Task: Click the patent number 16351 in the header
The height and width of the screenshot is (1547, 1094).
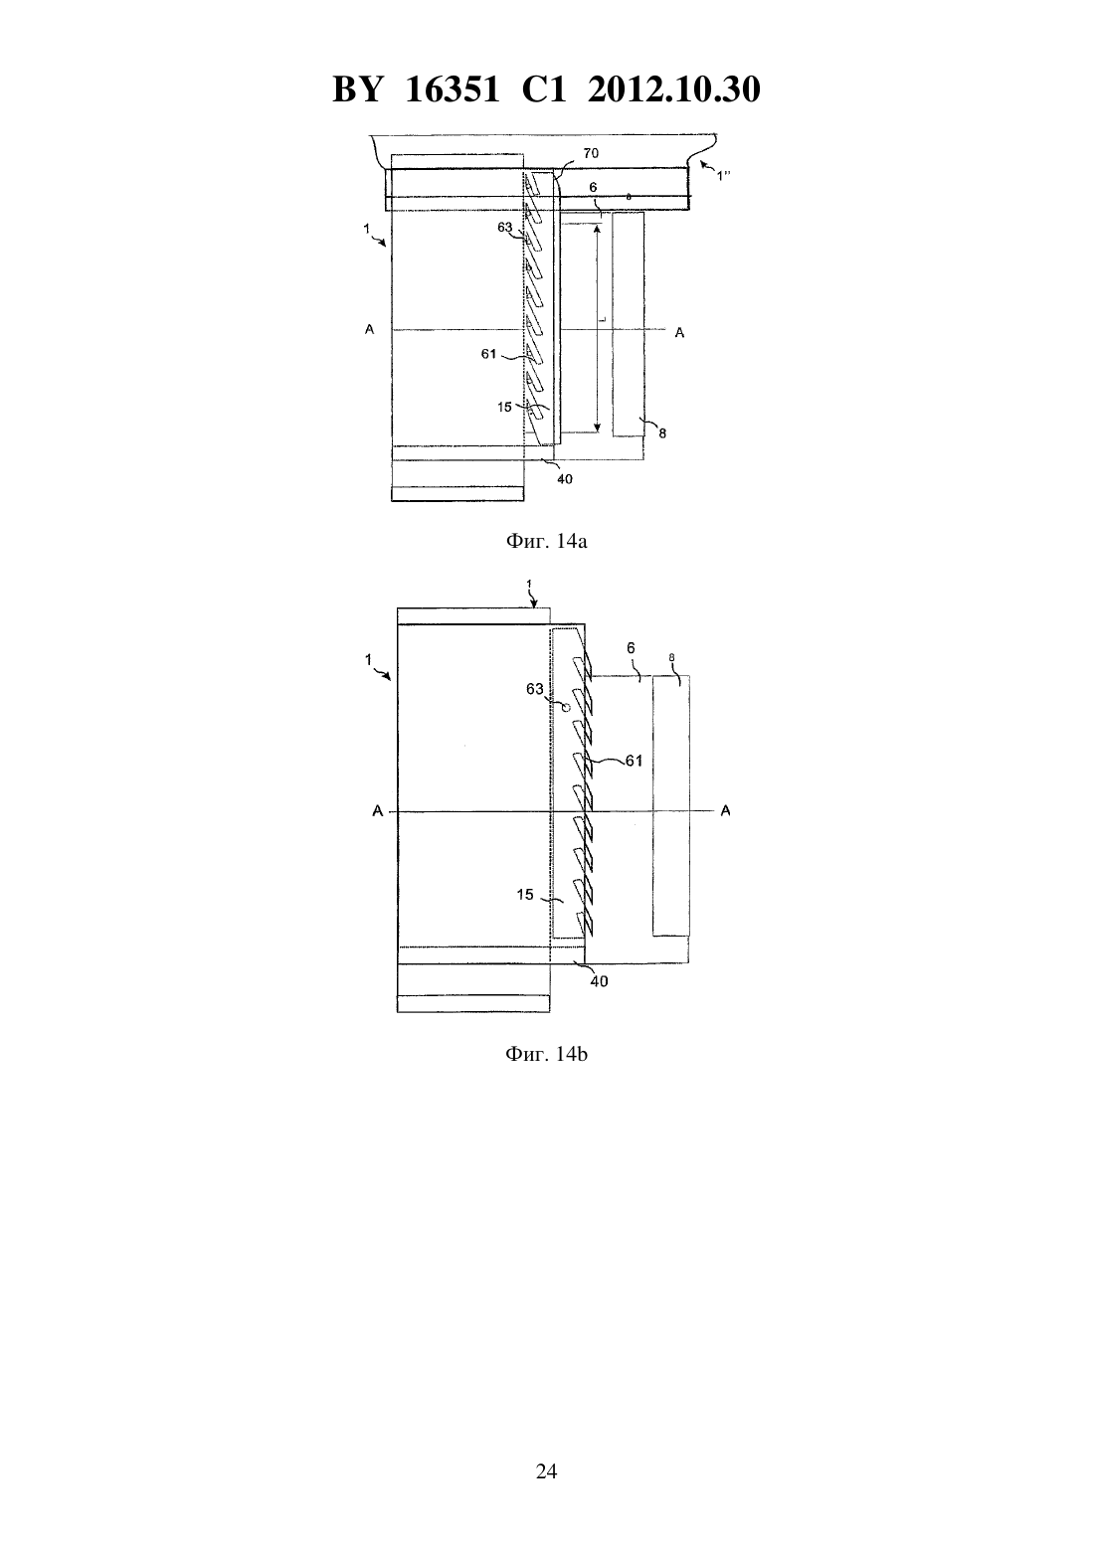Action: tap(452, 89)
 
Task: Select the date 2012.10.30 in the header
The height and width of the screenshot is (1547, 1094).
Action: tap(674, 89)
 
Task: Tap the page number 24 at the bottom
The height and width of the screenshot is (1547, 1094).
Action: tap(546, 1471)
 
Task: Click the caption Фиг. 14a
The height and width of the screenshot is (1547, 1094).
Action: tap(546, 541)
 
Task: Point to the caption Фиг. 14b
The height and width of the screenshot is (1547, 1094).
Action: tap(546, 1054)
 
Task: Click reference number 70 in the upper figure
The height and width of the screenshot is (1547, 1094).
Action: tap(591, 153)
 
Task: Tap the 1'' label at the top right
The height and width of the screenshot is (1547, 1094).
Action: tap(722, 176)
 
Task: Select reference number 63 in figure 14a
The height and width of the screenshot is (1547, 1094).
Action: tap(505, 228)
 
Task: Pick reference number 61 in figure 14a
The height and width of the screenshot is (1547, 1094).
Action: tap(488, 354)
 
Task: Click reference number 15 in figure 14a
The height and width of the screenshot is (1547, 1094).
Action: tap(504, 408)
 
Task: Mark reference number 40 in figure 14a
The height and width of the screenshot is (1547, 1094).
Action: tap(564, 479)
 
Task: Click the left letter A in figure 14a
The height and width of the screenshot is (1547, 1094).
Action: tap(370, 330)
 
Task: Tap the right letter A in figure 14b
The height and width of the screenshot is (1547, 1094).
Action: tap(725, 811)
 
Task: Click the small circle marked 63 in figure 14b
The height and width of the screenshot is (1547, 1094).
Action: tap(565, 707)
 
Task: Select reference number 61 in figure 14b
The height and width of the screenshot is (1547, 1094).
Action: tap(635, 761)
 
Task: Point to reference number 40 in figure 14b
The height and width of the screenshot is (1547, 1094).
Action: tap(599, 981)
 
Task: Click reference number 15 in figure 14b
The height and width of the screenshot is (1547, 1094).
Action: tap(525, 895)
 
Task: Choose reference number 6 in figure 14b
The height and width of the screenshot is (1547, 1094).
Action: tap(631, 648)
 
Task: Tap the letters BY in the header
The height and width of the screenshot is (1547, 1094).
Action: tap(357, 89)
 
